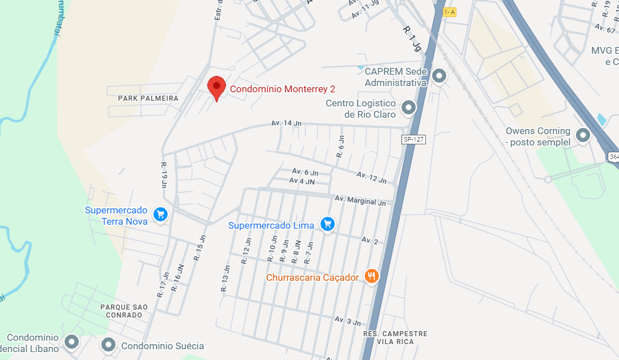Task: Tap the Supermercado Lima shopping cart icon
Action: (x=327, y=224)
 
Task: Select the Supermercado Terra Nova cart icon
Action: (x=161, y=213)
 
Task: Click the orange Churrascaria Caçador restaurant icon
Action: (x=372, y=276)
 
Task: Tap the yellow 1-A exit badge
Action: (x=449, y=12)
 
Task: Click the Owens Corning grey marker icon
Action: (x=582, y=135)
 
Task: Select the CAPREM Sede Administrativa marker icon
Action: (x=439, y=76)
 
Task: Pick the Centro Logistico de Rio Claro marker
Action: (x=408, y=107)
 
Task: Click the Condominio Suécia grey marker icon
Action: (x=108, y=344)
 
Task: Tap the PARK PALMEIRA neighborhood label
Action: (x=148, y=98)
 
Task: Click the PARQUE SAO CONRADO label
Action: (x=124, y=311)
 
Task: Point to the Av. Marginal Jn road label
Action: (x=360, y=200)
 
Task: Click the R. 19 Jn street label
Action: (x=164, y=175)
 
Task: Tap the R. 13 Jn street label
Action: (x=225, y=278)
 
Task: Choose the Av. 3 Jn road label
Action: (x=347, y=321)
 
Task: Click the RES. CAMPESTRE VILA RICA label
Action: (x=395, y=337)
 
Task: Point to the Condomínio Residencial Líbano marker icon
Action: (x=71, y=342)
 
